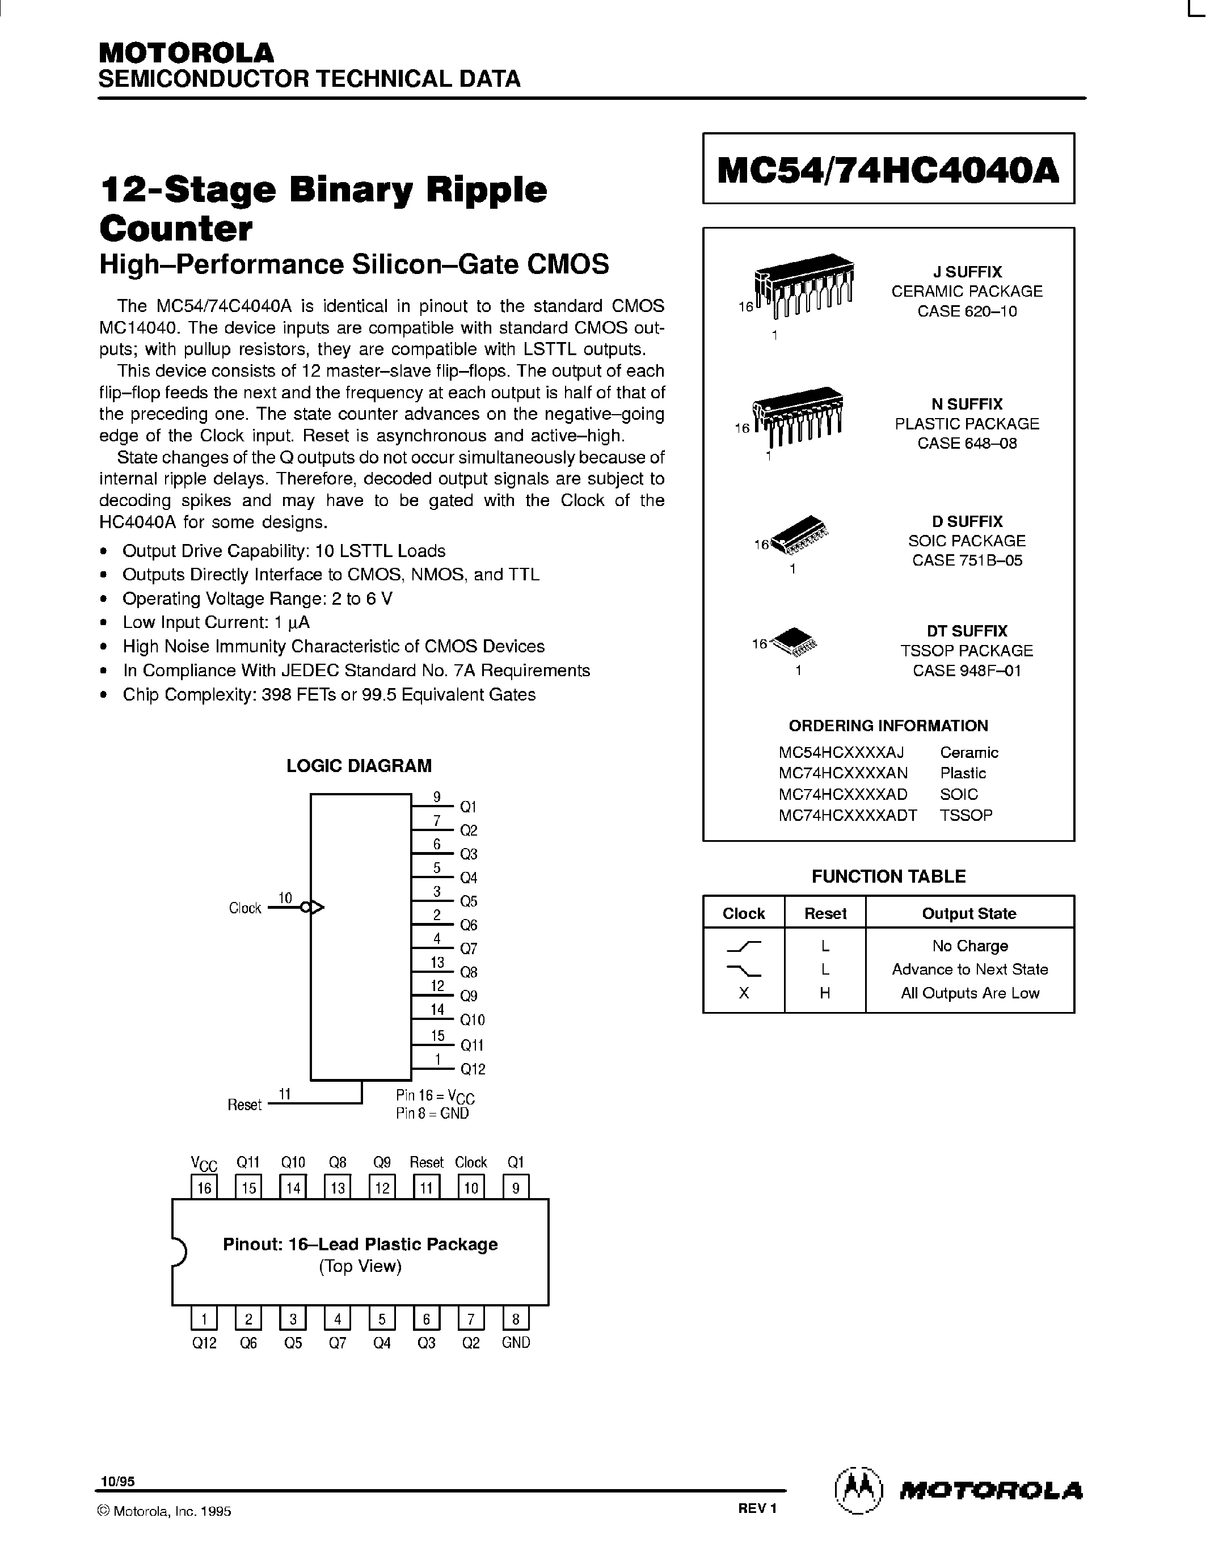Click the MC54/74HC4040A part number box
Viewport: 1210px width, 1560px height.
(888, 168)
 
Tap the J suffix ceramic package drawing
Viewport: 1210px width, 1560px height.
(806, 286)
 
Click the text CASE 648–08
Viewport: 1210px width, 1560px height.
(967, 444)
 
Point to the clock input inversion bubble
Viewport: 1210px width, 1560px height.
(306, 908)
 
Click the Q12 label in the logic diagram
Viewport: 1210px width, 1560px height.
(472, 1069)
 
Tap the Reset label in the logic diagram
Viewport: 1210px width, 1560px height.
(244, 1104)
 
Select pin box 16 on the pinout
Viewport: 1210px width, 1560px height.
(204, 1188)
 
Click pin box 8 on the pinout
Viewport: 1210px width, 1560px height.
(516, 1318)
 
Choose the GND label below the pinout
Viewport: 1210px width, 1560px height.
(516, 1343)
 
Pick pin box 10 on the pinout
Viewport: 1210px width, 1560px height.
(471, 1188)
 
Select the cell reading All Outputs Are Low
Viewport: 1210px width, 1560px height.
(969, 993)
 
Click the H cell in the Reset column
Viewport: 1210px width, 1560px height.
(825, 993)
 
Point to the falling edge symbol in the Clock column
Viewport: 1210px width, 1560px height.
(744, 969)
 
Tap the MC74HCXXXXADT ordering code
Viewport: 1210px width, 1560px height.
(848, 815)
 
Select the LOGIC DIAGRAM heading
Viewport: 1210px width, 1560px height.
(359, 766)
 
